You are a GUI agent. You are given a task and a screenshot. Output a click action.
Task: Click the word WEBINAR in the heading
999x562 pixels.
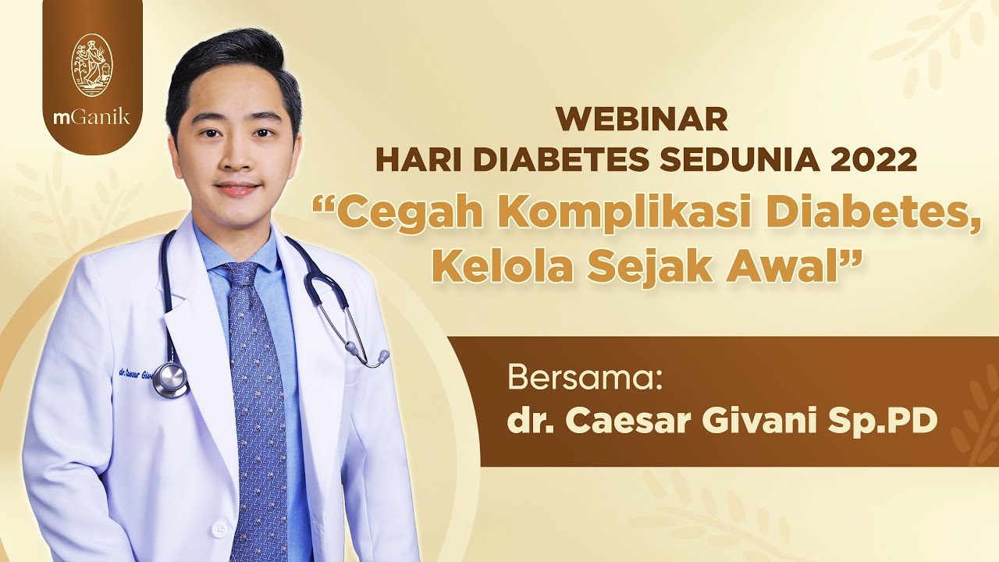pos(642,120)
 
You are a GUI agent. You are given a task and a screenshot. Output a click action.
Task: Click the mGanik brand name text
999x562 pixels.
pos(92,118)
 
